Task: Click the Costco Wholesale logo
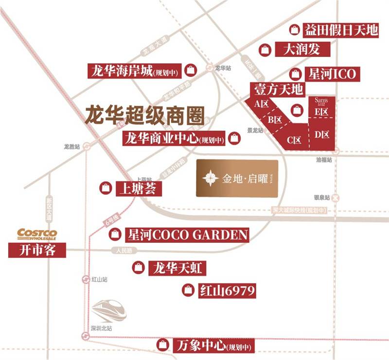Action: point(37,234)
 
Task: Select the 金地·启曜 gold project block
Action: point(237,179)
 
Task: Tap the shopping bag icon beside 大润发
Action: point(265,49)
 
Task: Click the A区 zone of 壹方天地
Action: point(262,104)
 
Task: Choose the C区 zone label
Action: point(294,140)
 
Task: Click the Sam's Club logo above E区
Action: point(322,101)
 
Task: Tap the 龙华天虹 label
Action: point(177,268)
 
